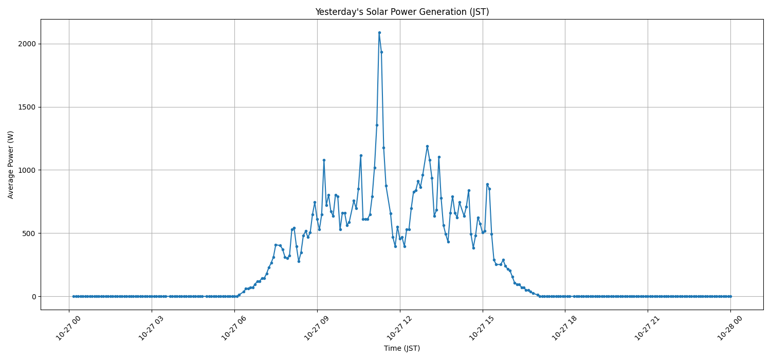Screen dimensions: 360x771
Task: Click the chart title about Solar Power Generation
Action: [402, 12]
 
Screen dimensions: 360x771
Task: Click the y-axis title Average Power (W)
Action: [11, 165]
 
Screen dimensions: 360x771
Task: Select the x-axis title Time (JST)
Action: [402, 348]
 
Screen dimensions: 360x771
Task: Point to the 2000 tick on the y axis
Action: [27, 44]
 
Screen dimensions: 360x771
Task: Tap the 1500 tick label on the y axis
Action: [27, 107]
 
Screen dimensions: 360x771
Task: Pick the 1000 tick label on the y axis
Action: [27, 170]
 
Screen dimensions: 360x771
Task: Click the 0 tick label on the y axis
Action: [34, 296]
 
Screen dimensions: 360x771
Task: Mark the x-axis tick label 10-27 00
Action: [68, 328]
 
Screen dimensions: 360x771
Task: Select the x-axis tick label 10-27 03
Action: [151, 328]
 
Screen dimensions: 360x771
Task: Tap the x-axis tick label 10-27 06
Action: [233, 328]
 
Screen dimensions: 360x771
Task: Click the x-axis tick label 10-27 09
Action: [316, 328]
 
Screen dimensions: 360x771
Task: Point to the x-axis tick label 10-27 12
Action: [399, 328]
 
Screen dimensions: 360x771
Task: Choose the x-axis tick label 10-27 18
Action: [564, 328]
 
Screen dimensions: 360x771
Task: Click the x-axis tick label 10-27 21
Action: [647, 328]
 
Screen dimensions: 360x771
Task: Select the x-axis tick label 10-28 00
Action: [729, 328]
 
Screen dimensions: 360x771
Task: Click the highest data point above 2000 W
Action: [379, 32]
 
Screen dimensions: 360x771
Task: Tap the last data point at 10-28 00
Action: [730, 296]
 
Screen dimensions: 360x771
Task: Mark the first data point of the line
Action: [74, 296]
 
